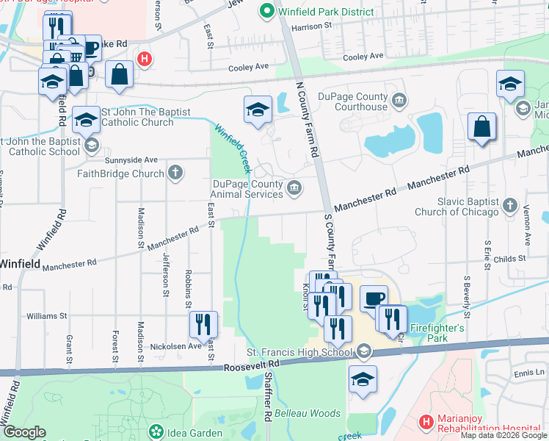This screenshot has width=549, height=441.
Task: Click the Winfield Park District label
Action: click(x=318, y=11)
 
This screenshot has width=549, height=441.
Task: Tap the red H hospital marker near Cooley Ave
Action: click(x=145, y=60)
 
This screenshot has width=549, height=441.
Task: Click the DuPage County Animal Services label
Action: click(x=248, y=188)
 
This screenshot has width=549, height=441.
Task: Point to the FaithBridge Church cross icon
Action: click(x=175, y=173)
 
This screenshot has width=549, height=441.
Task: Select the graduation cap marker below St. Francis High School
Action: click(x=362, y=380)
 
